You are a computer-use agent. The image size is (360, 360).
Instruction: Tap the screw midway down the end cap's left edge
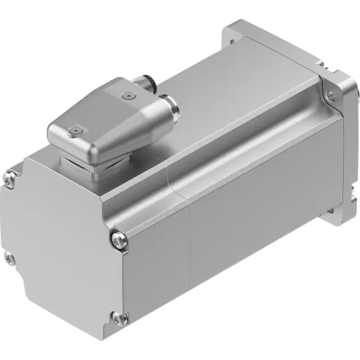point(9,257)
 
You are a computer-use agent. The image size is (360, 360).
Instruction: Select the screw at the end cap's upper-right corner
point(118,237)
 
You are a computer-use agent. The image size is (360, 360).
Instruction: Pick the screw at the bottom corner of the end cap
point(115,317)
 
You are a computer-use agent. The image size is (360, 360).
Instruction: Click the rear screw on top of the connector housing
point(129,94)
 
